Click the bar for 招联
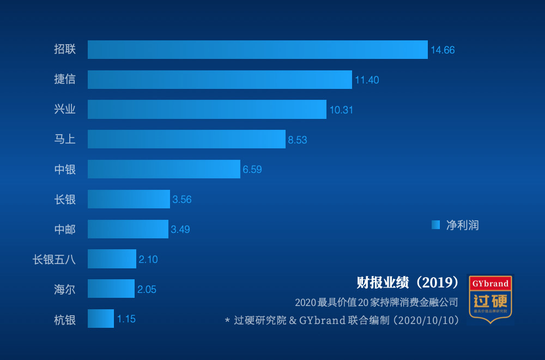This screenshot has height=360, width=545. pyautogui.click(x=257, y=50)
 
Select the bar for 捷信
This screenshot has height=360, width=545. pyautogui.click(x=220, y=80)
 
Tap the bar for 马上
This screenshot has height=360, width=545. pyautogui.click(x=186, y=139)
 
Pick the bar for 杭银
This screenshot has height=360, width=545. pyautogui.click(x=101, y=319)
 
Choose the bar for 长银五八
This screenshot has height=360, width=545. pyautogui.click(x=112, y=259)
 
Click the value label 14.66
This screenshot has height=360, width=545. pyautogui.click(x=443, y=50)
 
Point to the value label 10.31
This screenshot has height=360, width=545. pyautogui.click(x=341, y=110)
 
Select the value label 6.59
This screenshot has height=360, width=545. pyautogui.click(x=252, y=170)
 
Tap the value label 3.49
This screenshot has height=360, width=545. pyautogui.click(x=180, y=230)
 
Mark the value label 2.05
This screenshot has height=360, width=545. pyautogui.click(x=147, y=290)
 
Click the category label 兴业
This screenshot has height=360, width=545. pyautogui.click(x=65, y=110)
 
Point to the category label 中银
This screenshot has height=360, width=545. pyautogui.click(x=65, y=170)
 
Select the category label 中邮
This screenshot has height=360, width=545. pyautogui.click(x=65, y=230)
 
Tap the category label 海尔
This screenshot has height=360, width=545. pyautogui.click(x=65, y=290)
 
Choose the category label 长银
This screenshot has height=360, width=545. pyautogui.click(x=65, y=200)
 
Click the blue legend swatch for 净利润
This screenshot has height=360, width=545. pyautogui.click(x=435, y=225)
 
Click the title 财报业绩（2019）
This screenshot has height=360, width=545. pyautogui.click(x=408, y=283)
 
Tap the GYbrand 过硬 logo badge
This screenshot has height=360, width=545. pyautogui.click(x=491, y=299)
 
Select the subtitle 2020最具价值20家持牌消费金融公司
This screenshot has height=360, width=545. pyautogui.click(x=376, y=302)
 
